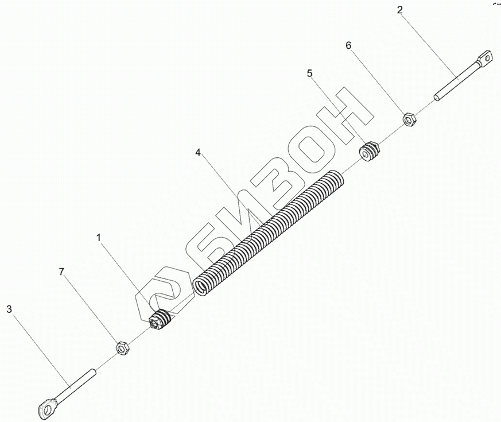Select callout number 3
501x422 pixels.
pyautogui.click(x=9, y=309)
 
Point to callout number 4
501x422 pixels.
pyautogui.click(x=198, y=153)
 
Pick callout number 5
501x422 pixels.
pyautogui.click(x=310, y=73)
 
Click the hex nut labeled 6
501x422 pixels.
pyautogui.click(x=410, y=119)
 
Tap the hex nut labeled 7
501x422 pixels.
pyautogui.click(x=122, y=347)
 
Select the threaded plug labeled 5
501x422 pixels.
pyautogui.click(x=370, y=152)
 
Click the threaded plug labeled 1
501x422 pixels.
pyautogui.click(x=160, y=320)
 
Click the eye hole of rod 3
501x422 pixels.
pyautogui.click(x=45, y=408)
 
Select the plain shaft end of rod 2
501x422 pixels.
pyautogui.click(x=438, y=97)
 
